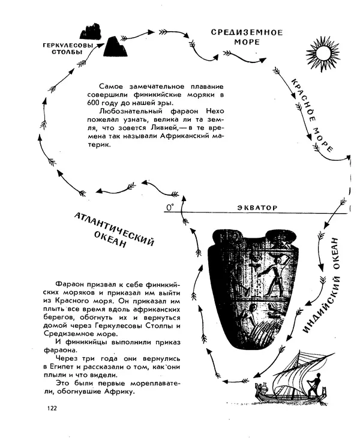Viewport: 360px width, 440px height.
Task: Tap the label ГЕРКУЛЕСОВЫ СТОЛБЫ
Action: click(x=68, y=48)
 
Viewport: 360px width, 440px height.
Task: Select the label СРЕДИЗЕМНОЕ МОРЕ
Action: click(x=239, y=37)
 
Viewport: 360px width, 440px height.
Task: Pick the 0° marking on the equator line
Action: click(x=170, y=207)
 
